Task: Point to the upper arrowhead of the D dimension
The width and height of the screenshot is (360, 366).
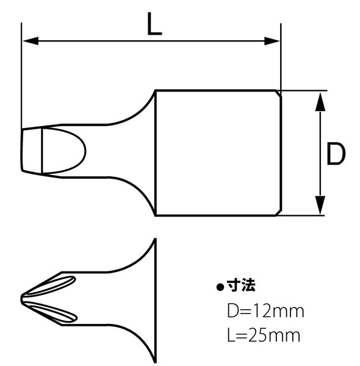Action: tap(319, 100)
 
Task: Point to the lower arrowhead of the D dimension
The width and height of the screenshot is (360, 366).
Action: tap(319, 206)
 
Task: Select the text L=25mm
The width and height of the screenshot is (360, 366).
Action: tap(263, 335)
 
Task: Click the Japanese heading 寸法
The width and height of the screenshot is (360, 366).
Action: tap(241, 285)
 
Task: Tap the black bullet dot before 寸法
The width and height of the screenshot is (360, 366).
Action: tap(221, 287)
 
